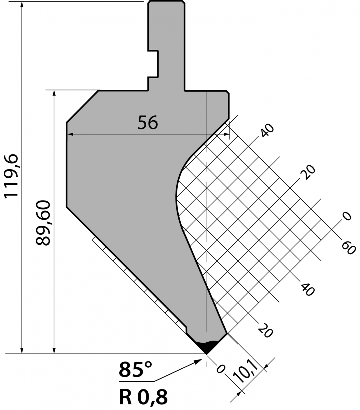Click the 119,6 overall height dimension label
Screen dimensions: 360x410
click(x=12, y=176)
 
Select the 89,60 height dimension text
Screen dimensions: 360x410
click(x=43, y=223)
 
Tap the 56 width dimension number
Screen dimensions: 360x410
click(x=148, y=122)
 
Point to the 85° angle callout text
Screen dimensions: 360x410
click(x=135, y=370)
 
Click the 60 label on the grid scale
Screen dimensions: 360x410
click(x=348, y=248)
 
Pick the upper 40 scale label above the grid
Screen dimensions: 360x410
click(x=267, y=130)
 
